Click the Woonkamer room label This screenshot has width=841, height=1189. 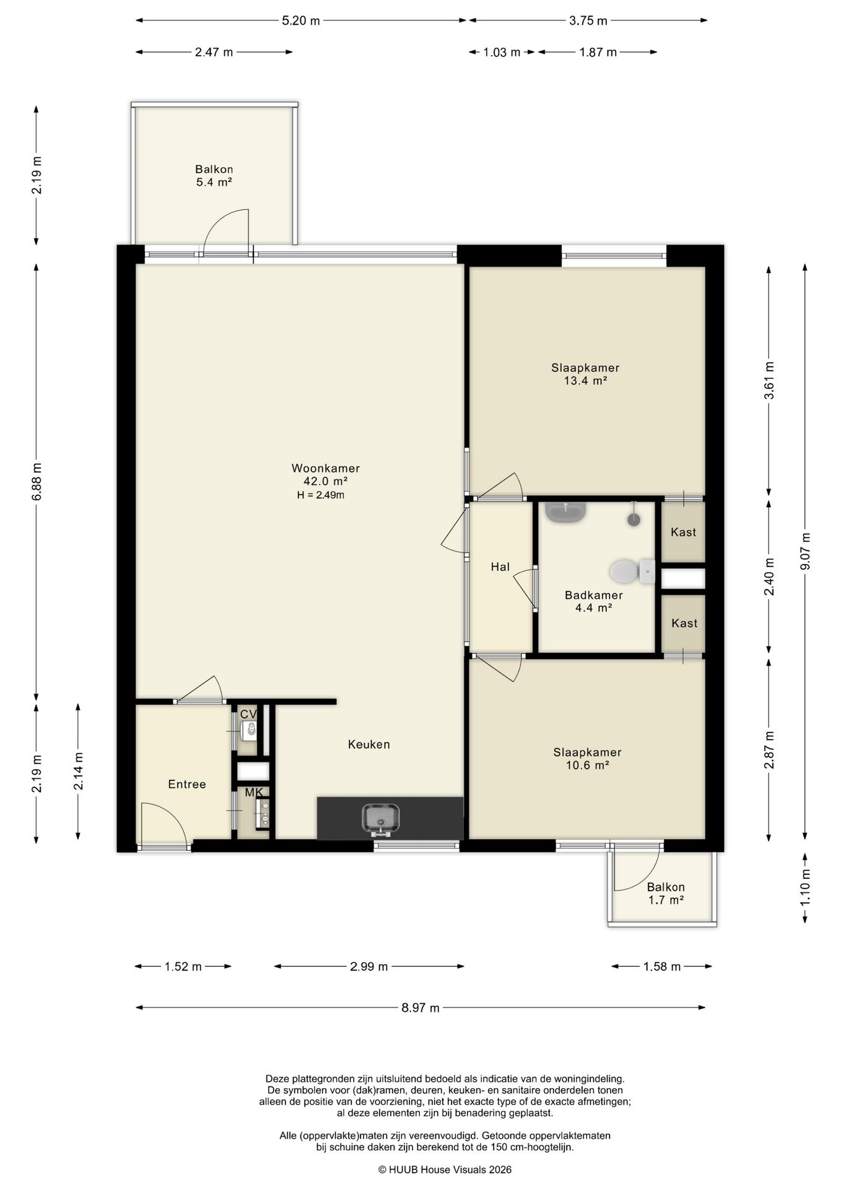(325, 468)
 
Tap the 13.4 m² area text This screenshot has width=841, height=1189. (585, 381)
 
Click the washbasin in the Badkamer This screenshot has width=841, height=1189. (565, 512)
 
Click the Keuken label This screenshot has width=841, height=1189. (369, 744)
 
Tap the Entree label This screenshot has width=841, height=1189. (187, 784)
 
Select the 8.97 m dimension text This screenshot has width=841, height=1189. (420, 1008)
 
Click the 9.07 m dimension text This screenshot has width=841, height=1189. (804, 552)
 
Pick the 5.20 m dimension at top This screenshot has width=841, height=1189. (301, 20)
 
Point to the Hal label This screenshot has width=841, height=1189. (500, 566)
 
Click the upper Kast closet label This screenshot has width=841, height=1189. (684, 532)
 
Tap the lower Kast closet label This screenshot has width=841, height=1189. (684, 623)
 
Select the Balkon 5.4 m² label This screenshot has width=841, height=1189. (214, 175)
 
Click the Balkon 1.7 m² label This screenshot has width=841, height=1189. (666, 894)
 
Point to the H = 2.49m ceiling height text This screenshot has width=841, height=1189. (321, 495)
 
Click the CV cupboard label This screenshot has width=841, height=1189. (248, 714)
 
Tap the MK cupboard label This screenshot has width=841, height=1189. (254, 793)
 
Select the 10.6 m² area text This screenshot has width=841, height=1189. (587, 765)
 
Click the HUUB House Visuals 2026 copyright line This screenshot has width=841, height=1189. (445, 1170)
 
